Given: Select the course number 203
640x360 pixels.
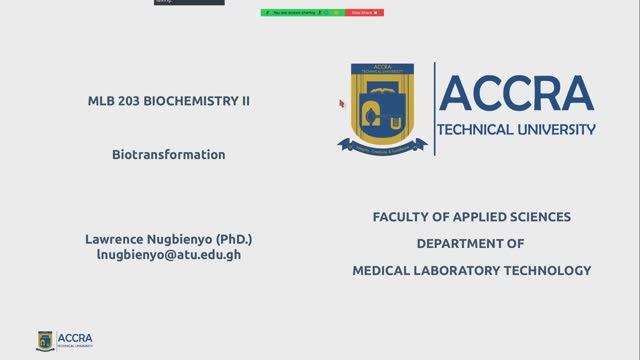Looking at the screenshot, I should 130,101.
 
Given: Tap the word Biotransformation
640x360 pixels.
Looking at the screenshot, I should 169,155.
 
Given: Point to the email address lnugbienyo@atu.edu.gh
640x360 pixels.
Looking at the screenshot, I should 168,255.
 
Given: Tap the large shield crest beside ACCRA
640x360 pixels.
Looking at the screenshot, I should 382,107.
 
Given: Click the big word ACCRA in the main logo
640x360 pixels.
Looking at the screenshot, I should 516,94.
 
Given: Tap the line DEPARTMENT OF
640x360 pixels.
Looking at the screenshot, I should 471,243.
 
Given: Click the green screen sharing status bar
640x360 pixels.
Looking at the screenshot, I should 301,12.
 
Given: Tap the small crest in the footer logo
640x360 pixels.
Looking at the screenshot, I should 44,341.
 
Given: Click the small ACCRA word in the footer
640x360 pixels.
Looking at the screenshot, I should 75,338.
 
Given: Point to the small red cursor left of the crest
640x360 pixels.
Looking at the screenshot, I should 341,103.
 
